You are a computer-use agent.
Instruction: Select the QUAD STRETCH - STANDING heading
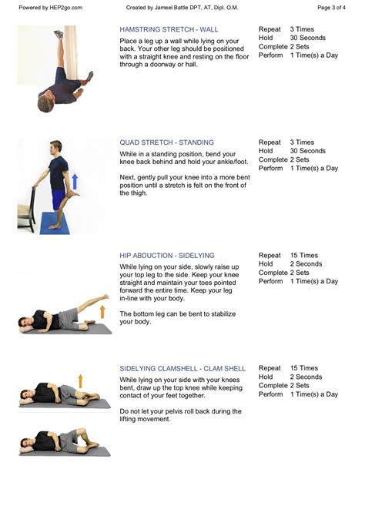coord(166,142)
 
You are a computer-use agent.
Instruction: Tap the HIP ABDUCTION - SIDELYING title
coord(167,256)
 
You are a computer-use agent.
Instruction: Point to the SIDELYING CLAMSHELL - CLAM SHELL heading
coord(182,369)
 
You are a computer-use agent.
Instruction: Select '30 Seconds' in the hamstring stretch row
coord(307,39)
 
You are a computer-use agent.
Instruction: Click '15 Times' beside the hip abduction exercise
coord(305,256)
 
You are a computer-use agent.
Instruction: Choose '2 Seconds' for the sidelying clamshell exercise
coord(306,377)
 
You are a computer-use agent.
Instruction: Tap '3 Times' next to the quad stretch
coord(302,142)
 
